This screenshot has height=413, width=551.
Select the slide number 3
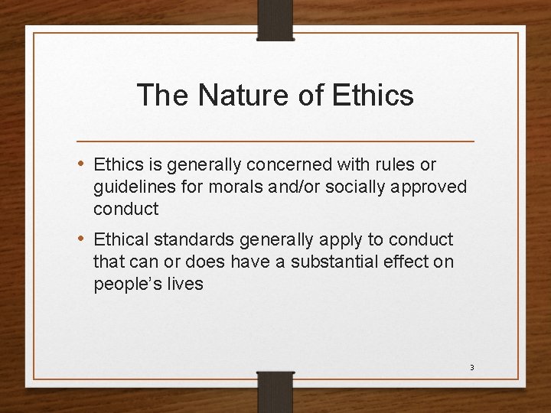(x=471, y=368)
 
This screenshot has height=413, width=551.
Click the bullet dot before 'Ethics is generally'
(x=82, y=164)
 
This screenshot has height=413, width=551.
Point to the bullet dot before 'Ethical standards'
(x=82, y=239)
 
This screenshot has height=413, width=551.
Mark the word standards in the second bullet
(x=198, y=239)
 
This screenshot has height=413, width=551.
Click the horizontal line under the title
(x=275, y=141)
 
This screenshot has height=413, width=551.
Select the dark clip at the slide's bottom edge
(x=275, y=391)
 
